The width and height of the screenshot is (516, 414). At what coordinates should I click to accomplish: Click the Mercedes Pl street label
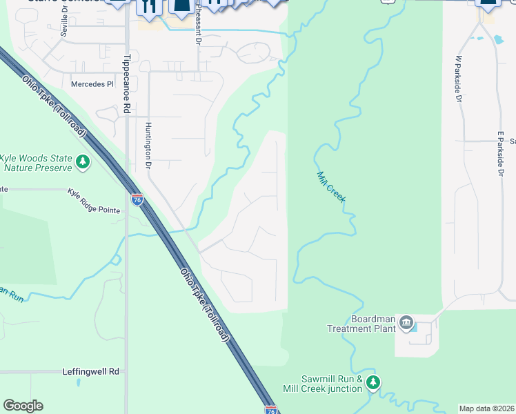tap(92, 84)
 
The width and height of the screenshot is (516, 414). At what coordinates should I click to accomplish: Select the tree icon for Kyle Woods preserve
tap(83, 162)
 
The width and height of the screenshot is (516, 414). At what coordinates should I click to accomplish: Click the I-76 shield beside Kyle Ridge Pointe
tap(137, 199)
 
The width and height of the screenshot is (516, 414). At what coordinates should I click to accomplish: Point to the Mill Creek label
tap(331, 186)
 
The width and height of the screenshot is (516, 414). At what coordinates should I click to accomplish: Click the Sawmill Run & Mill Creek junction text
tap(332, 384)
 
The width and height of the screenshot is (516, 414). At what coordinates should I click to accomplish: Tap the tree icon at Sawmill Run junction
tap(373, 382)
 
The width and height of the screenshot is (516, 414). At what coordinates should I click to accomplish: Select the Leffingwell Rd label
tap(90, 371)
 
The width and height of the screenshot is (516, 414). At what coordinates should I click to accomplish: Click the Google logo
tap(23, 406)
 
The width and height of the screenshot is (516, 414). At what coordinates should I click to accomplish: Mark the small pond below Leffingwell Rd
tap(79, 382)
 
